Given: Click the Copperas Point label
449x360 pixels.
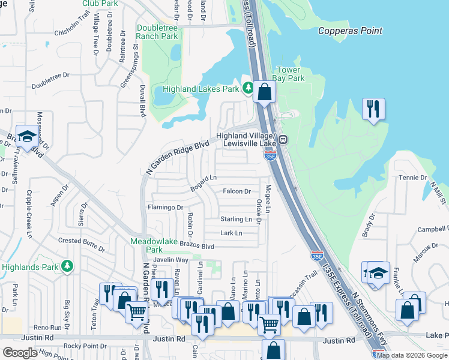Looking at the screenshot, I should click(350, 31).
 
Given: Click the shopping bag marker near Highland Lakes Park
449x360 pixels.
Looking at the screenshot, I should click(264, 92).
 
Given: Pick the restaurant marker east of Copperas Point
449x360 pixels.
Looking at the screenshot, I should click(374, 109).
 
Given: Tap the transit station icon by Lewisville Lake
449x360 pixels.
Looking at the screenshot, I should click(283, 139).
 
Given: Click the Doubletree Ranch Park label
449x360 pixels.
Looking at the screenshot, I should click(157, 32).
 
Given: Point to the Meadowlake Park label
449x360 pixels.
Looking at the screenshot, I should click(146, 245).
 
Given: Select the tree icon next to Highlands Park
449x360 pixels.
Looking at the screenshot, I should click(68, 265).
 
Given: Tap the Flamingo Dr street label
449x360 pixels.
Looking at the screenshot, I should click(164, 208).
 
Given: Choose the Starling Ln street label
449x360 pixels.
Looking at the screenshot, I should click(236, 220).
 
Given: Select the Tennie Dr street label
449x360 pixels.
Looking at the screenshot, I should click(414, 178).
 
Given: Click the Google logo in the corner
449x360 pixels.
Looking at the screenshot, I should click(20, 352).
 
